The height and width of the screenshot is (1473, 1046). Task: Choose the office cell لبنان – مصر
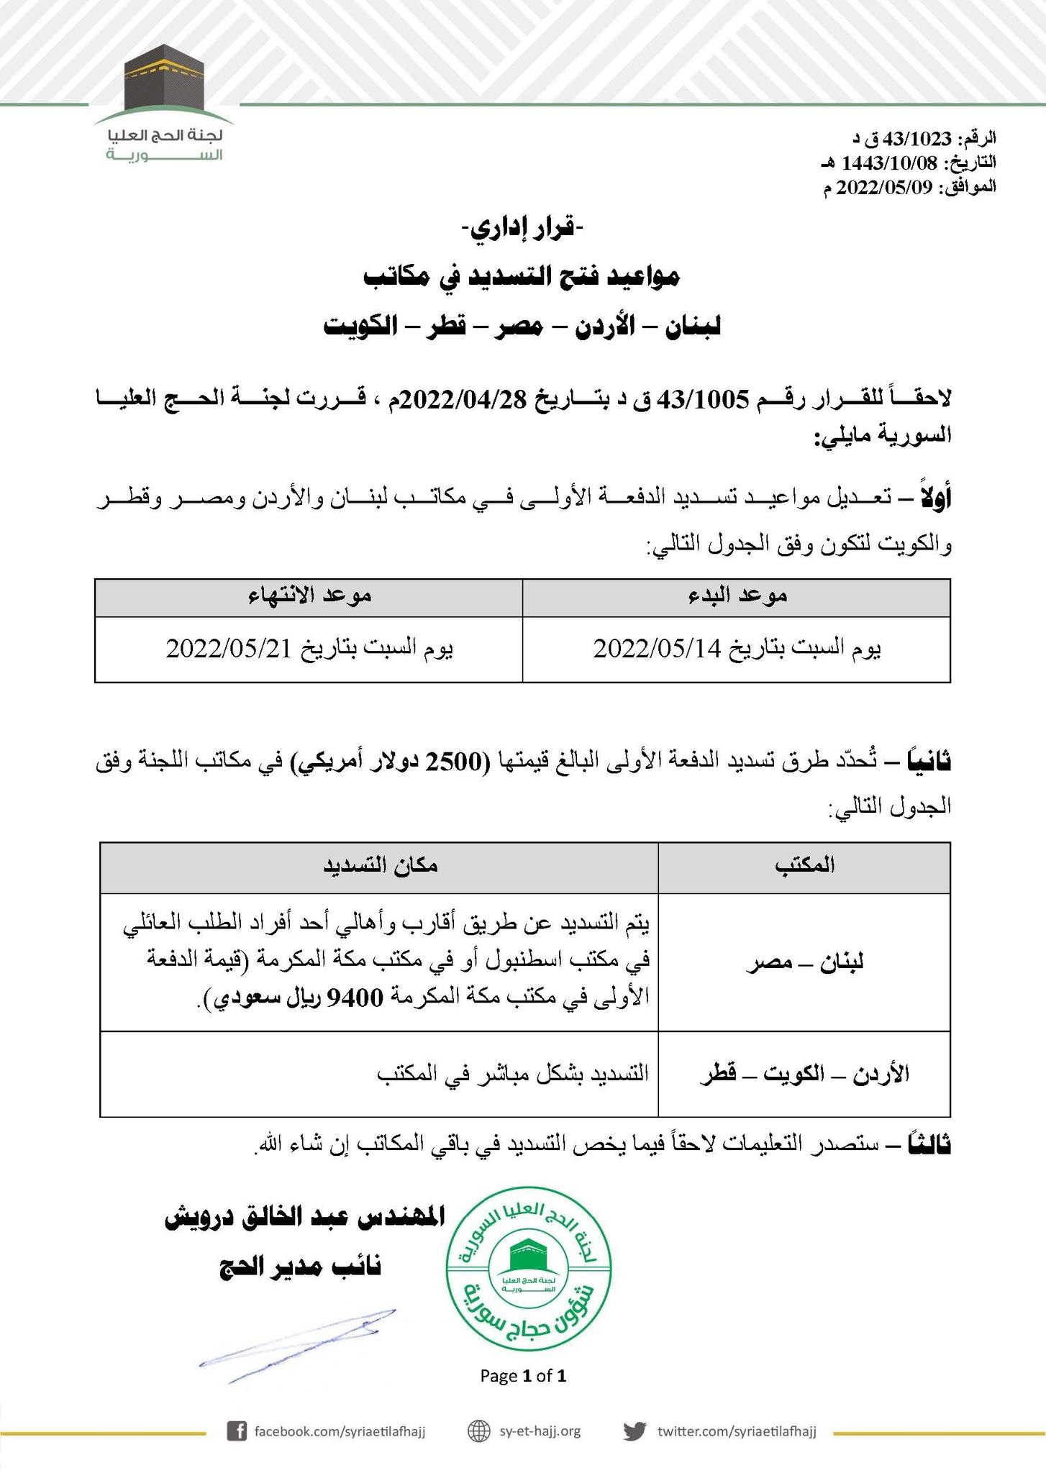coord(804,962)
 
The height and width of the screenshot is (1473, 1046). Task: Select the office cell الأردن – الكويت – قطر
coord(804,1075)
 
